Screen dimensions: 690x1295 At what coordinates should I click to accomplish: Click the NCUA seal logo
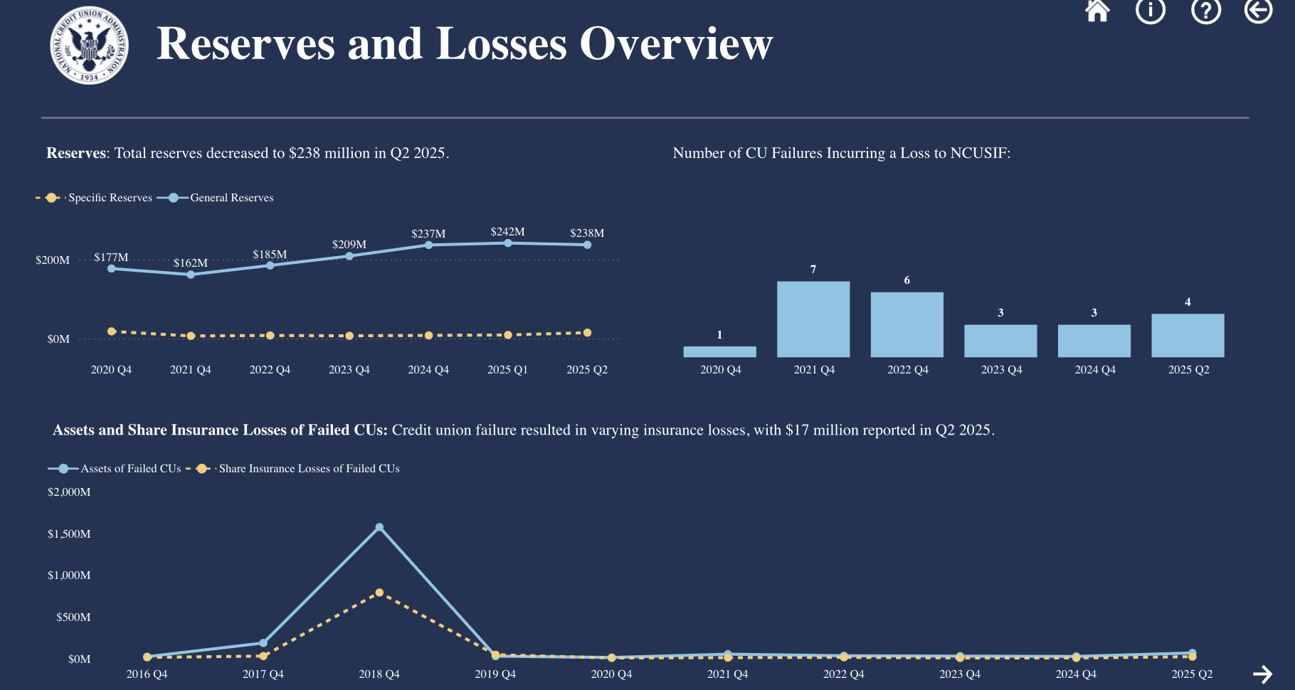pos(89,46)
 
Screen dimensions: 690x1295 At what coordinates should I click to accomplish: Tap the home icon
pos(1097,11)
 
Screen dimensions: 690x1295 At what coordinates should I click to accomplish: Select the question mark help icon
pos(1205,11)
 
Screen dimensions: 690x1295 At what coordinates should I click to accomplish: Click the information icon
pos(1151,11)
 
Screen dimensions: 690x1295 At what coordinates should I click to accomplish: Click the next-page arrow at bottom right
pos(1262,674)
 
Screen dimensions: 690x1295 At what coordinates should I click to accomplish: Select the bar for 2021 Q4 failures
pos(813,319)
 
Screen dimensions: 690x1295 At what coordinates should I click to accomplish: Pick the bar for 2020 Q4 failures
pos(719,351)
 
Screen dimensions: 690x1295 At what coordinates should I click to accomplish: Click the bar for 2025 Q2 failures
pos(1188,336)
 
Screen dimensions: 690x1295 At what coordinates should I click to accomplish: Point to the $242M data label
pos(507,232)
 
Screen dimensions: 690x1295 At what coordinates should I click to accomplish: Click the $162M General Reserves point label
pos(191,263)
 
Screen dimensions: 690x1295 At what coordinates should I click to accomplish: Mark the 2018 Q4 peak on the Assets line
pos(379,528)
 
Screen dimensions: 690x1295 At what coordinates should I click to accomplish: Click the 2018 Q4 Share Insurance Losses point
pos(379,593)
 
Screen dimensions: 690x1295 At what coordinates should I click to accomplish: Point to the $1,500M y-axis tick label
pos(69,534)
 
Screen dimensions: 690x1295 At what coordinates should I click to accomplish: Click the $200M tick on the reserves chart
pos(53,260)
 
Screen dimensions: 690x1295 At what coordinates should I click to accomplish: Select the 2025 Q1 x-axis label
pos(507,370)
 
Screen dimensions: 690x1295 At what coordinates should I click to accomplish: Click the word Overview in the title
pos(676,44)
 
